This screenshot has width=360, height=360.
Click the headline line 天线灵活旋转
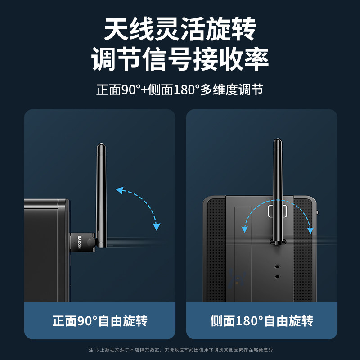pos(180,30)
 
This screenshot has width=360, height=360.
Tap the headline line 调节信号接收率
pos(180,59)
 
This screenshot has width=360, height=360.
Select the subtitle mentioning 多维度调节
pos(180,89)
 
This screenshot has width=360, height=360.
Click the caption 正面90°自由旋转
pos(99,321)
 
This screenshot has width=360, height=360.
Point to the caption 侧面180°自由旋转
pos(261,321)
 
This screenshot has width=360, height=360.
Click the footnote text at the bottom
pos(180,350)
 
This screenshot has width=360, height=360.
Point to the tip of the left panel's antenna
pos(100,146)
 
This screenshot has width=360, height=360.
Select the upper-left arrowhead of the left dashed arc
pos(119,190)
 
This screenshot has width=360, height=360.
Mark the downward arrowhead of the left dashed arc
pos(156,226)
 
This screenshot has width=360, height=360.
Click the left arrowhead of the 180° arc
pos(245,229)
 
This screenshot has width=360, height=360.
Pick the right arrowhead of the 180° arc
pos(310,230)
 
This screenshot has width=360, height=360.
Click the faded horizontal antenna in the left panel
pos(130,242)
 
